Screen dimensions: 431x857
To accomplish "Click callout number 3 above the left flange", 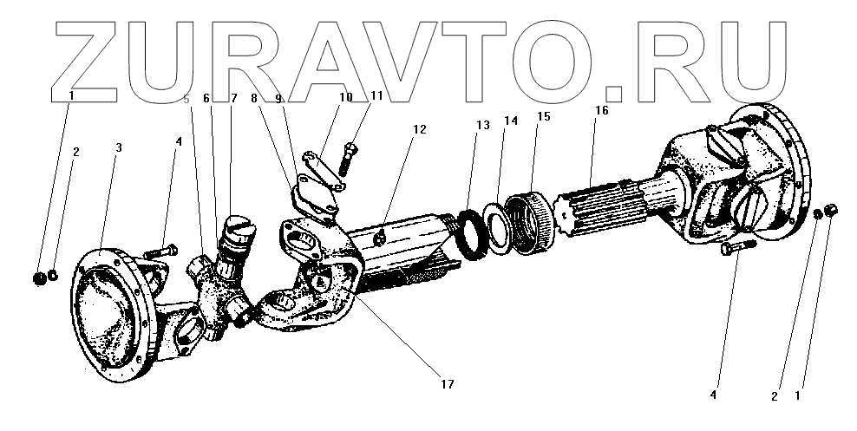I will click(x=118, y=147).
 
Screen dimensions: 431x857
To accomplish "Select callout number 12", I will click(x=419, y=129).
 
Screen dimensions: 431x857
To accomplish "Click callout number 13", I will click(x=482, y=125).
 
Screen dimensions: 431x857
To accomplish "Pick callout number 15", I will click(x=542, y=115).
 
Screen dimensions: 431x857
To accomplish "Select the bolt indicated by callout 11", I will click(x=350, y=158).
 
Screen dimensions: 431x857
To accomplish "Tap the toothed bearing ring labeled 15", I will click(x=529, y=224).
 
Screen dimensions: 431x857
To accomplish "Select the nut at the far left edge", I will click(x=37, y=279).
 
